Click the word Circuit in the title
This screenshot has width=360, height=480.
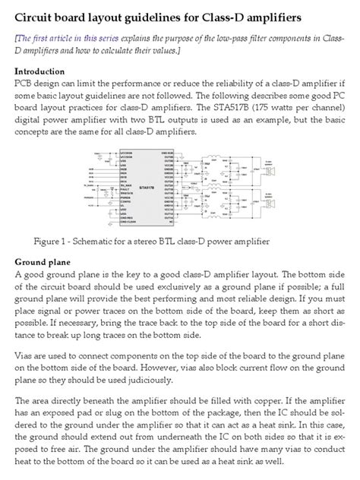tap(36, 16)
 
